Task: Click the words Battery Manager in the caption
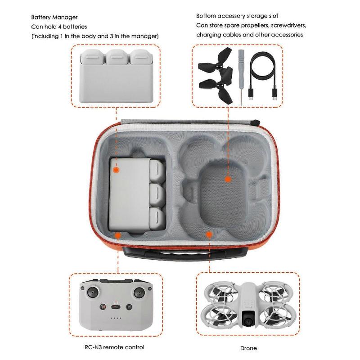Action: tap(52, 17)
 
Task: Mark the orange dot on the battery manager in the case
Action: tap(117, 171)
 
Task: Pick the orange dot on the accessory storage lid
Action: tap(228, 179)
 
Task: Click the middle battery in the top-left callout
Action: tap(117, 58)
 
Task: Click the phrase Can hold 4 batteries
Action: tap(58, 27)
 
